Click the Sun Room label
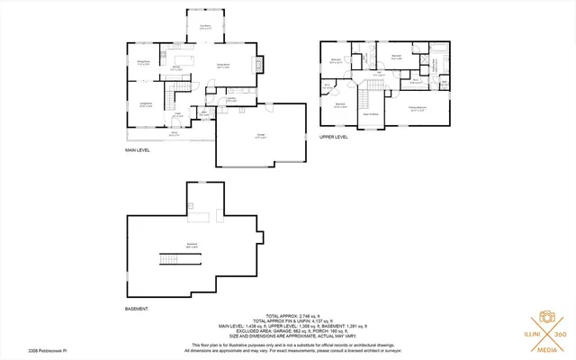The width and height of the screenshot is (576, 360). tap(205, 27)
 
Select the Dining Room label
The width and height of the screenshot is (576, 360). tap(143, 62)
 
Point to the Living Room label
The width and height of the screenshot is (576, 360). tap(145, 104)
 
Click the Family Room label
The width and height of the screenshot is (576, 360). tap(221, 67)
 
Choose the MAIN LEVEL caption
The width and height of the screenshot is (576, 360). tap(137, 151)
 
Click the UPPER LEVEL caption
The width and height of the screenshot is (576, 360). tap(333, 138)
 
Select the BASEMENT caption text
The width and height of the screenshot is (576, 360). tap(137, 310)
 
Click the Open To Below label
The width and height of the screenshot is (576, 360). tap(370, 114)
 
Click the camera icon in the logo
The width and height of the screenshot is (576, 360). tap(545, 317)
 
